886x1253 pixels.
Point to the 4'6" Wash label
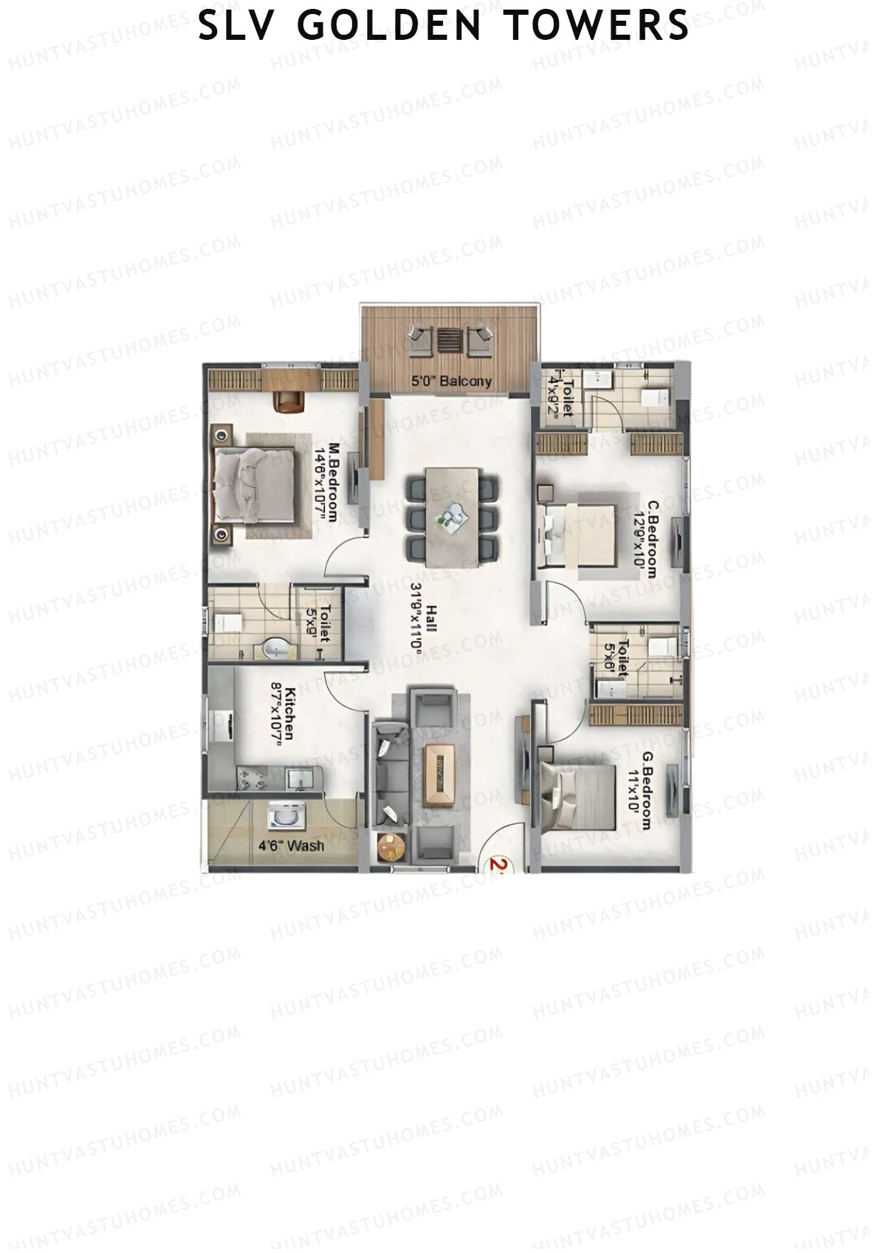(x=291, y=845)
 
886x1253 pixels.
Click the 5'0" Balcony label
(x=451, y=382)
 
